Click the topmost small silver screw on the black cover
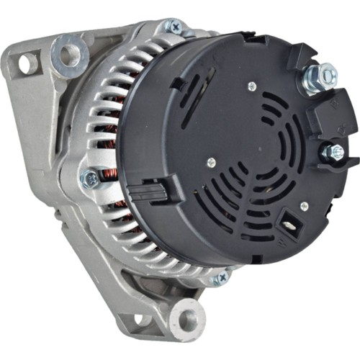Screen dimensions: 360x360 [x=251, y=86]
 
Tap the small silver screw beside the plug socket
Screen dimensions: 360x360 [x=304, y=207]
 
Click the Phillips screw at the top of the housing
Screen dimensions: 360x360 [x=174, y=27]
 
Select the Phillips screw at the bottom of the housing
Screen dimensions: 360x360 [x=218, y=277]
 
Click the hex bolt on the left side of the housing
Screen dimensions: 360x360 [x=89, y=179]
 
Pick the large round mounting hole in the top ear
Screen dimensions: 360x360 [x=70, y=52]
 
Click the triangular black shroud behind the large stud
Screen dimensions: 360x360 [x=297, y=58]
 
